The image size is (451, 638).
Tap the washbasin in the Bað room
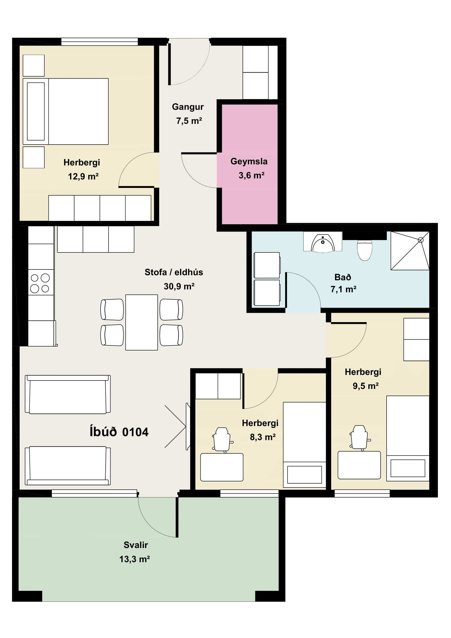[x=322, y=243]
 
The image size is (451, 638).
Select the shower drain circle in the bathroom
[x=421, y=240]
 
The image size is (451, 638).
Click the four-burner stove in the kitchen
[x=41, y=282]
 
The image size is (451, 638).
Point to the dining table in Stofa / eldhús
[x=142, y=322]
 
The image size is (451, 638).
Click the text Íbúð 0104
[x=119, y=432]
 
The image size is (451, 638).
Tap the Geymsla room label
[x=249, y=161]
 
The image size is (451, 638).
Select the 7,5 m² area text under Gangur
[x=189, y=121]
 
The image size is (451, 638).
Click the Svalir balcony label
[x=136, y=545]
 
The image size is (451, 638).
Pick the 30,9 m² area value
[x=179, y=286]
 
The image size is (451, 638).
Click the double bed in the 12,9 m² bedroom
[x=65, y=112]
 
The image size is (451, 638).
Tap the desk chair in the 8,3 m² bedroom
[x=222, y=439]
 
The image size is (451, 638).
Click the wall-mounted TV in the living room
[x=188, y=426]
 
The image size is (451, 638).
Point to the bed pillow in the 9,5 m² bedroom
[x=408, y=468]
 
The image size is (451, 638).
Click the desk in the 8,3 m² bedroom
[x=222, y=467]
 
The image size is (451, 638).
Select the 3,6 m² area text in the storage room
[x=252, y=175]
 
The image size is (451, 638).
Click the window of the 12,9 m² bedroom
[x=100, y=42]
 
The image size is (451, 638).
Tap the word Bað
[x=343, y=277]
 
